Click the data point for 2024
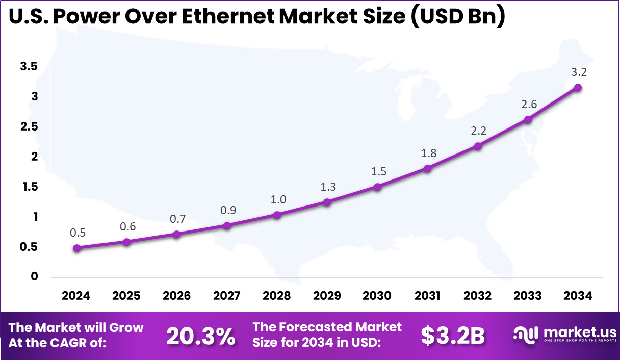point(76,248)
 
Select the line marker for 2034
point(578,88)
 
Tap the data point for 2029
point(327,202)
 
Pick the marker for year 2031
point(427,168)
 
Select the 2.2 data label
point(478,131)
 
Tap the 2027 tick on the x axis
point(227,296)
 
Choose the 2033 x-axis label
point(528,296)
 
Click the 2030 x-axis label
point(377,296)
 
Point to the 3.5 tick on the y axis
point(29,66)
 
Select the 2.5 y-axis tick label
point(29,126)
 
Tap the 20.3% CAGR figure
point(201,336)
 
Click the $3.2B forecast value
point(452,336)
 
